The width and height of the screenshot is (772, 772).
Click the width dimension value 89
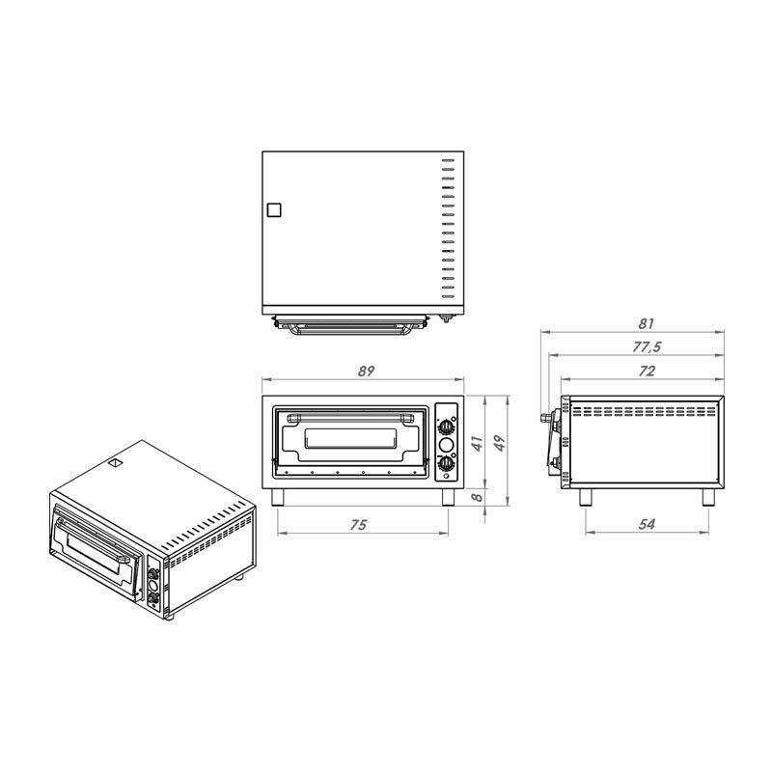point(366,371)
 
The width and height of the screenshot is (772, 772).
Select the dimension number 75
point(358,525)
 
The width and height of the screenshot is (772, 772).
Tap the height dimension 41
point(477,443)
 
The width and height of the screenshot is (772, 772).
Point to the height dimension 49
point(499,443)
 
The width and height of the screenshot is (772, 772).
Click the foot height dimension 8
point(477,497)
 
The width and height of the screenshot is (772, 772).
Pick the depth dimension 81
point(646,323)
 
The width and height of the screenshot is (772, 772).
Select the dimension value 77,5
point(647,347)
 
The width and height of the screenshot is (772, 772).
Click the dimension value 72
point(647,371)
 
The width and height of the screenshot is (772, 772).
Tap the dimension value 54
point(647,524)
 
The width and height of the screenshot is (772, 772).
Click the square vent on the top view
point(274,210)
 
